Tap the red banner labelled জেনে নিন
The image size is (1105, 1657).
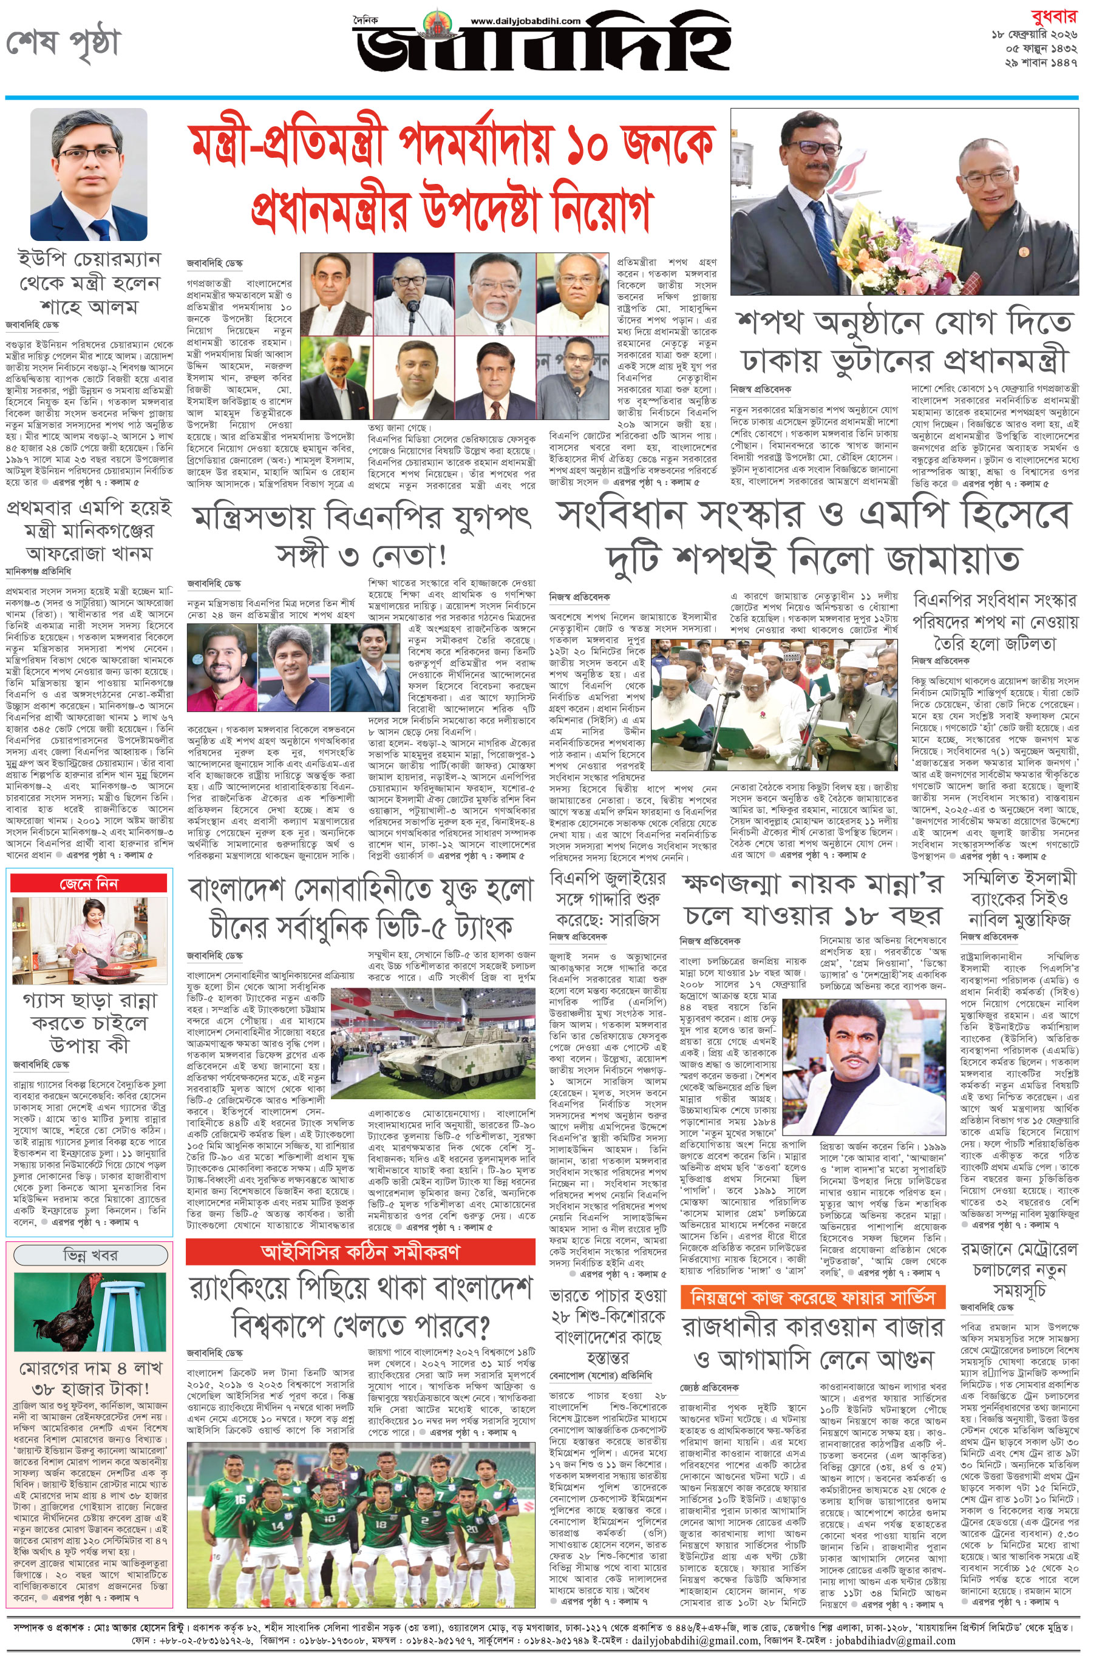pyautogui.click(x=89, y=884)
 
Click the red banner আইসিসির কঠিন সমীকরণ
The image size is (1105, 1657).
pyautogui.click(x=360, y=1250)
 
